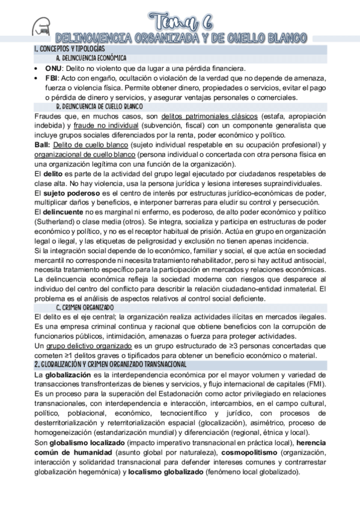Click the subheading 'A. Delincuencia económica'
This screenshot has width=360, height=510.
pos(90,58)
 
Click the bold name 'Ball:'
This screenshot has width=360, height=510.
pos(43,145)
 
